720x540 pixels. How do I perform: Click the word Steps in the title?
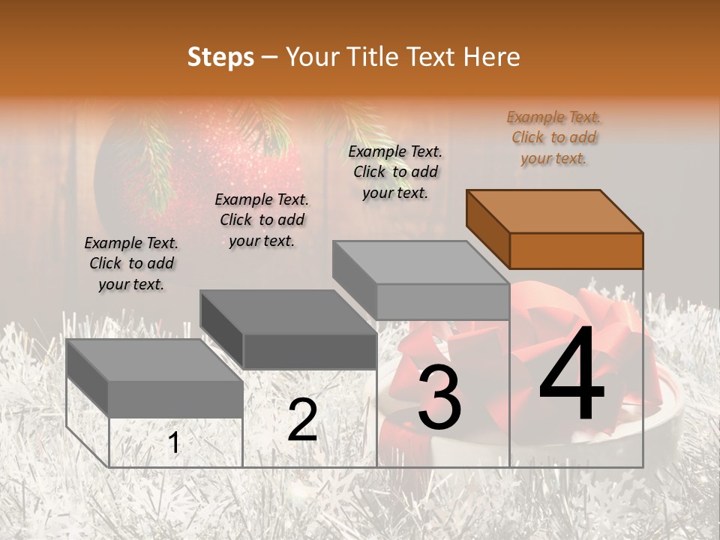pyautogui.click(x=220, y=57)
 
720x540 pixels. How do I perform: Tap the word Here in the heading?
pyautogui.click(x=491, y=57)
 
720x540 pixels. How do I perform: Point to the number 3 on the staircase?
pyautogui.click(x=439, y=398)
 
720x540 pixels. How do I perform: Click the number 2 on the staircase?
pyautogui.click(x=302, y=421)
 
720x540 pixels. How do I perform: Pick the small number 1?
pyautogui.click(x=174, y=443)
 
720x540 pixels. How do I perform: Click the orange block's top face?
pyautogui.click(x=553, y=211)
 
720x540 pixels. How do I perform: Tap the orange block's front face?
pyautogui.click(x=576, y=250)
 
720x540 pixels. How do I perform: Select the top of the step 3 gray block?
pyautogui.click(x=420, y=262)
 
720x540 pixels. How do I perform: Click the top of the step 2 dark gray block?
pyautogui.click(x=287, y=312)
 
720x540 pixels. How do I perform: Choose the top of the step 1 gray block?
pyautogui.click(x=154, y=360)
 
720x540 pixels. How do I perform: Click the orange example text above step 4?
pyautogui.click(x=553, y=137)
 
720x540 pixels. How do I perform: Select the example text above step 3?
pyautogui.click(x=395, y=172)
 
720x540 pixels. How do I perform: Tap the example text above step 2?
pyautogui.click(x=262, y=220)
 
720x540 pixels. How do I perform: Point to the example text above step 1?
pyautogui.click(x=131, y=263)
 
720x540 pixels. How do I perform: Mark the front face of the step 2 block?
pyautogui.click(x=310, y=351)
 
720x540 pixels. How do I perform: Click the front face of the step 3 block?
pyautogui.click(x=442, y=302)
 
